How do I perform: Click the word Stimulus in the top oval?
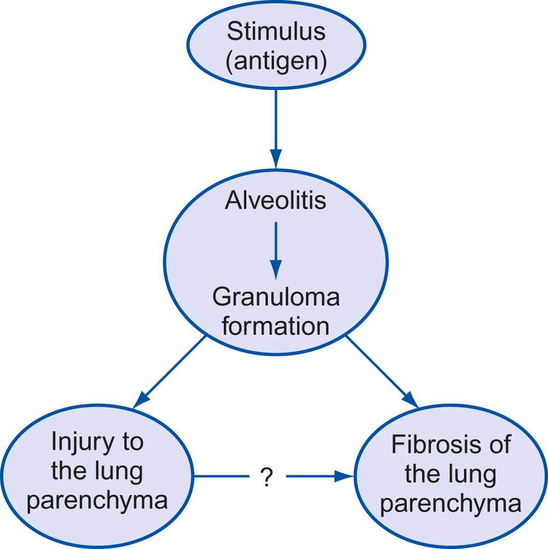pos(276,32)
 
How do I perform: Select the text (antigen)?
pos(276,61)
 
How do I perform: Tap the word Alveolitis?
pos(275,201)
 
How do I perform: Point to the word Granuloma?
pos(276,297)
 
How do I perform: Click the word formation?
pos(275,326)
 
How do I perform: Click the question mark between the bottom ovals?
pos(266,478)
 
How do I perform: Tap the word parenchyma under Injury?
pos(97,500)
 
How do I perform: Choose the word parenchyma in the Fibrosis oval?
pos(450,504)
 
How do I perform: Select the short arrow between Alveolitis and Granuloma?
pos(276,248)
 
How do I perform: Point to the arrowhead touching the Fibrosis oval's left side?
pos(345,477)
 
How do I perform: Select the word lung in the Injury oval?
pos(119,471)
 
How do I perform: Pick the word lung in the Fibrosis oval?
pos(473,474)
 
